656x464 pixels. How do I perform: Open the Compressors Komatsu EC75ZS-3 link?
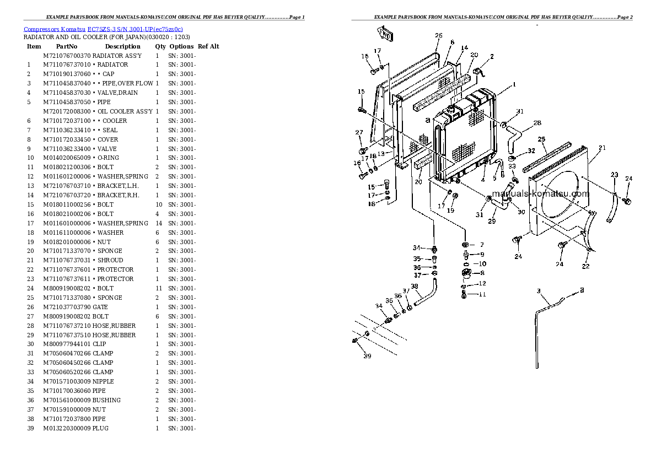click(103, 29)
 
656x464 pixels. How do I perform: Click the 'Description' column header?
click(122, 46)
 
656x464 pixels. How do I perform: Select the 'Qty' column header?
click(160, 46)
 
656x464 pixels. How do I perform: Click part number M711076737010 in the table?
click(67, 64)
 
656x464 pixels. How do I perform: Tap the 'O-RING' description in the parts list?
click(107, 158)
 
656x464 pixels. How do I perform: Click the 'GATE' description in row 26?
click(100, 307)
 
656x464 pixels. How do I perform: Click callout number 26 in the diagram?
click(438, 36)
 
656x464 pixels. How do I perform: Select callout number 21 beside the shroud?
click(602, 148)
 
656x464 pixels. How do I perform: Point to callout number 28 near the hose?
click(537, 123)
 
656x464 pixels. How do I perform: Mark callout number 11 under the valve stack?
click(482, 294)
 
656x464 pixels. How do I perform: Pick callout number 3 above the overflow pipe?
click(539, 290)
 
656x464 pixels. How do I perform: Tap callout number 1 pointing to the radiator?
click(513, 85)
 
